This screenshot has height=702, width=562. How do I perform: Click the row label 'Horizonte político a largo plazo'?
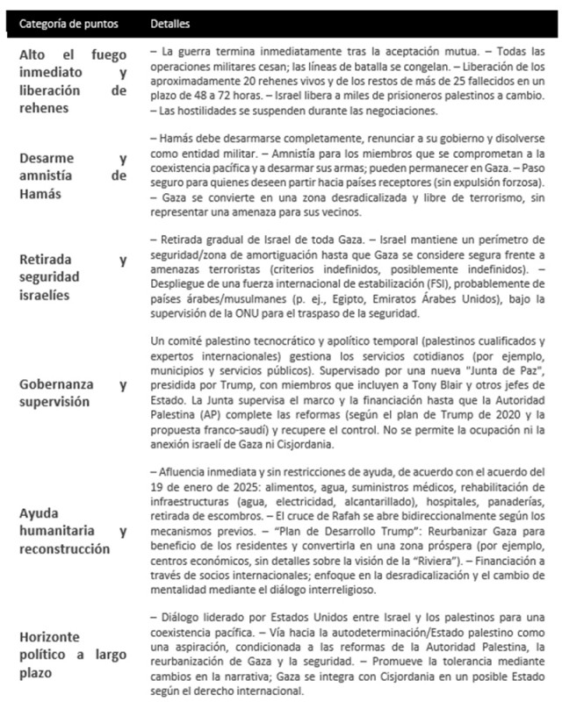point(74,657)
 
